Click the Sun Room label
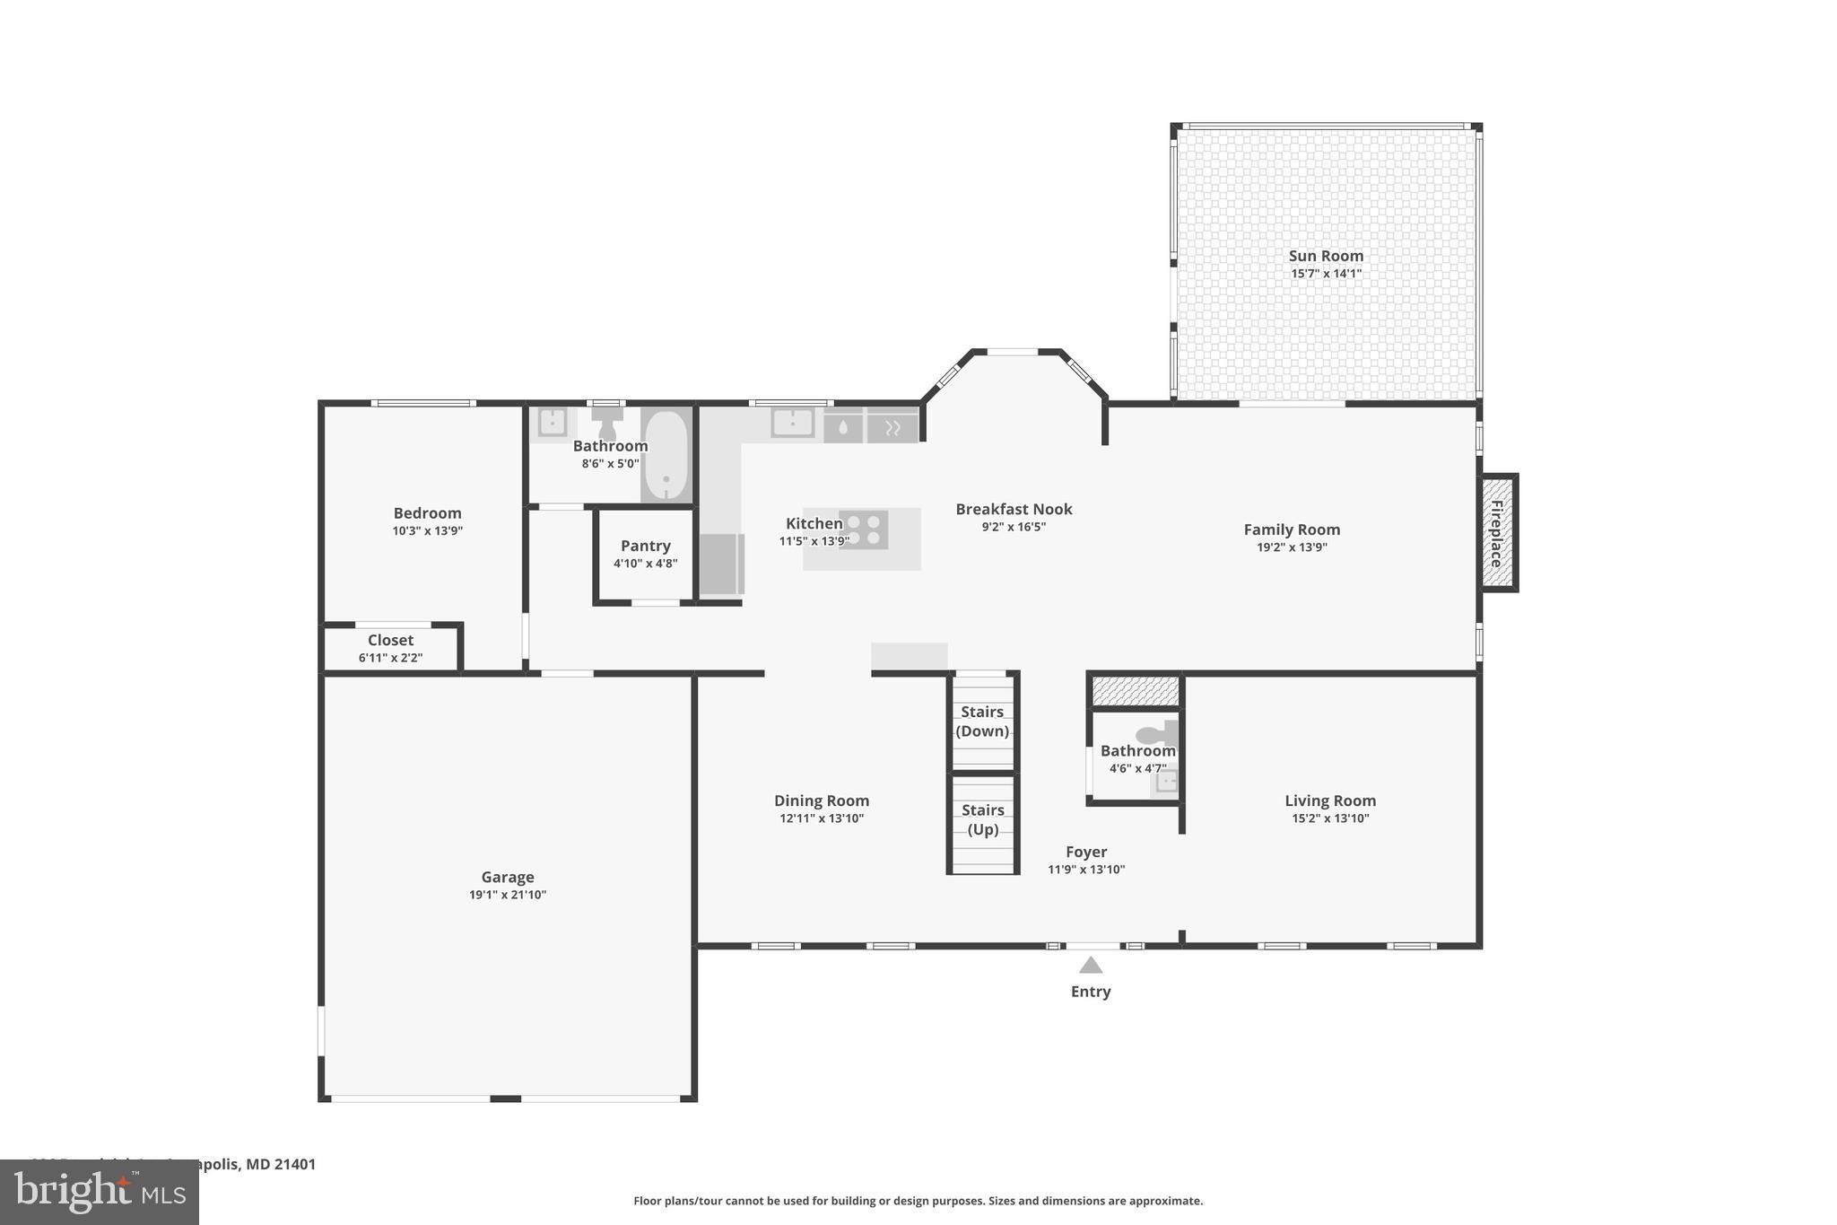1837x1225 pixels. click(x=1326, y=256)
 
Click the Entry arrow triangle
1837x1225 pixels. click(x=1091, y=966)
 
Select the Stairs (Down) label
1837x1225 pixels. click(x=982, y=721)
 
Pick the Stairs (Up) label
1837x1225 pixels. click(x=983, y=819)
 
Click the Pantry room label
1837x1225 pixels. click(x=645, y=546)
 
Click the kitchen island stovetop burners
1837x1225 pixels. click(x=864, y=529)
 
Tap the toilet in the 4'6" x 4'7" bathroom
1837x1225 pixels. click(x=1158, y=733)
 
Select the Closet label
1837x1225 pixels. click(x=390, y=640)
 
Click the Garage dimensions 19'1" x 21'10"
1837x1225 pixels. click(x=508, y=895)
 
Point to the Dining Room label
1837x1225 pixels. click(x=822, y=801)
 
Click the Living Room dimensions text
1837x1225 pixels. click(x=1330, y=818)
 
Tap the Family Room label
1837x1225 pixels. click(x=1292, y=529)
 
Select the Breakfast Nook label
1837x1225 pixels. click(x=1014, y=509)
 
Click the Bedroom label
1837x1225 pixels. click(x=427, y=513)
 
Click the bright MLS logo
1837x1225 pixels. click(x=100, y=1192)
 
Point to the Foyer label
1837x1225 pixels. click(x=1086, y=852)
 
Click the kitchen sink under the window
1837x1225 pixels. click(x=793, y=422)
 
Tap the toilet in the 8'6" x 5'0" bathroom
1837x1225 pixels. click(x=607, y=422)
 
